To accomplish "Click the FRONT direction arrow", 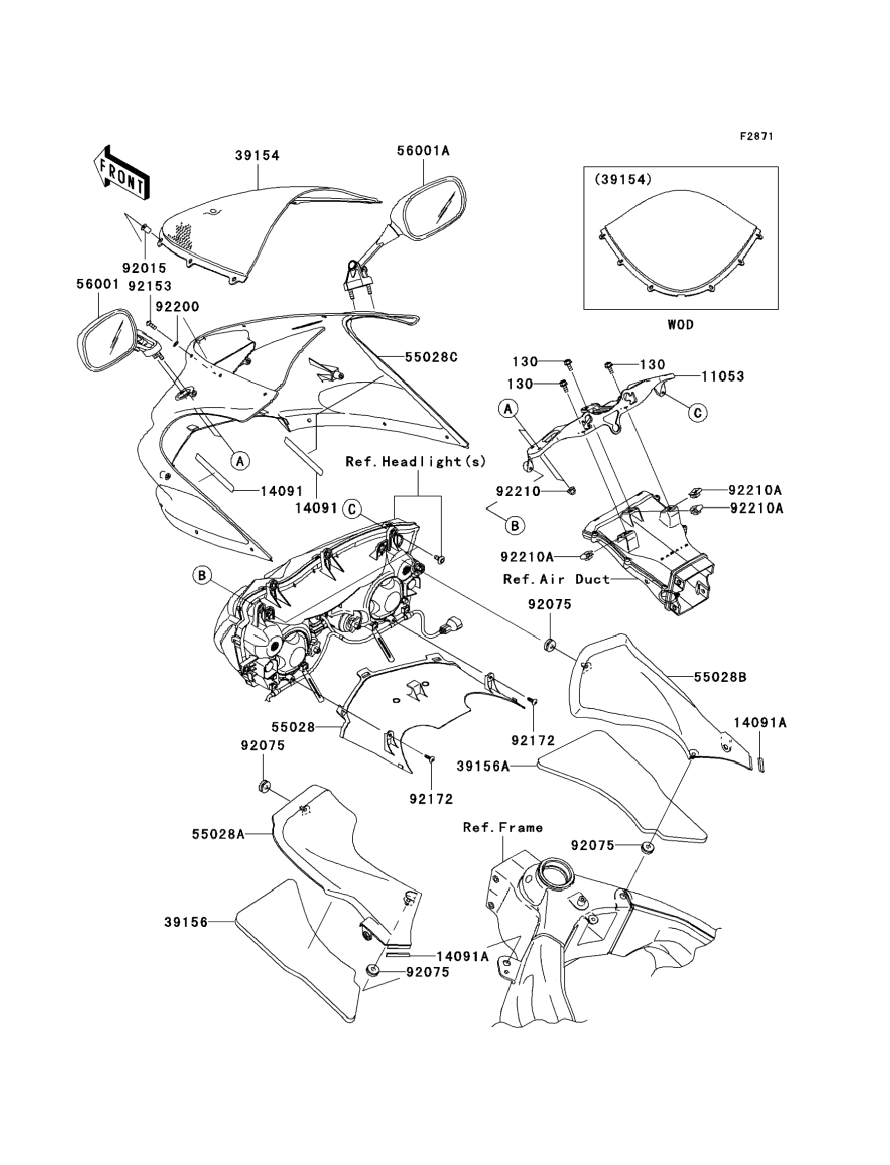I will (120, 174).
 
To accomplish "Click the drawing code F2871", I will (756, 137).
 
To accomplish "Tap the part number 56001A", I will (423, 151).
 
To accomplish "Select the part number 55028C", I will (431, 357).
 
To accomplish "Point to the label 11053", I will (723, 376).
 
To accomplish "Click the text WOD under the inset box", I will (680, 325).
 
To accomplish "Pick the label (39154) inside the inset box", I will (623, 180).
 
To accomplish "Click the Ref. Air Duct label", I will (556, 580).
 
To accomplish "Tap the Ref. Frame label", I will (503, 827).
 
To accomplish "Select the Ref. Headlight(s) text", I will (416, 462).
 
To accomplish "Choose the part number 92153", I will (150, 286).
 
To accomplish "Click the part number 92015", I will (144, 268).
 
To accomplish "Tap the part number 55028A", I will (218, 834).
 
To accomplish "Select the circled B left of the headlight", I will (202, 575).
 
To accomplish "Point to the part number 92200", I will (177, 307).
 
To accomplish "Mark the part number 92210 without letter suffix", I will (518, 491).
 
